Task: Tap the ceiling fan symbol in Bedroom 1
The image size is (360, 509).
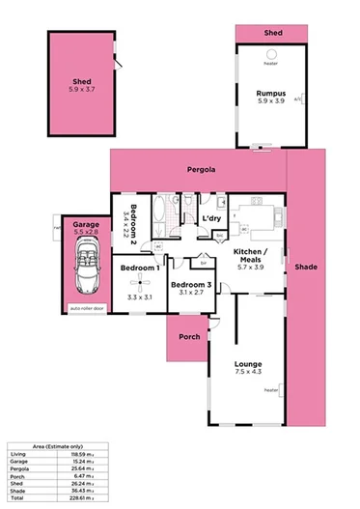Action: pyautogui.click(x=140, y=283)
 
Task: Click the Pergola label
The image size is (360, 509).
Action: pyautogui.click(x=200, y=168)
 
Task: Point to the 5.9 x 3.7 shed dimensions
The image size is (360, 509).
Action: pyautogui.click(x=81, y=90)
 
